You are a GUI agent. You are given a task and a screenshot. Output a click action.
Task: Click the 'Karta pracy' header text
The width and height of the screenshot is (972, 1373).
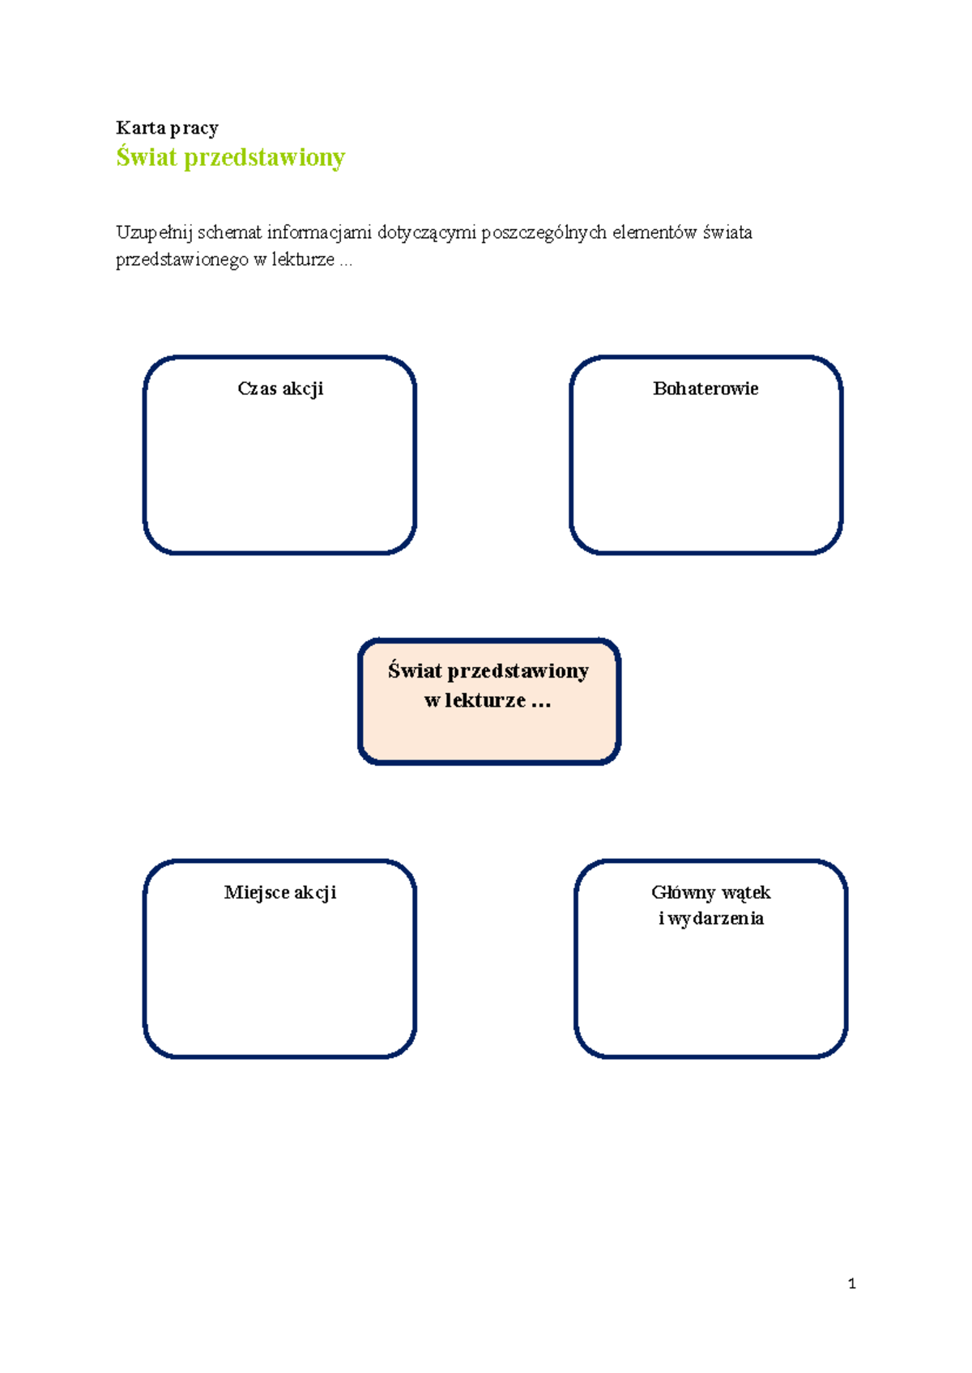coord(167,128)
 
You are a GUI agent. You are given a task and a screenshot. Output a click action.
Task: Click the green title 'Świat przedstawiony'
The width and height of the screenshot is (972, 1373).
coord(231,157)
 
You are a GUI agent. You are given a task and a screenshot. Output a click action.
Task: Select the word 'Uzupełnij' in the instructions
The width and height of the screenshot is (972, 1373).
coord(155,233)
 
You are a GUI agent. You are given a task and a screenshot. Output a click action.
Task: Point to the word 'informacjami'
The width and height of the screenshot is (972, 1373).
coord(319,233)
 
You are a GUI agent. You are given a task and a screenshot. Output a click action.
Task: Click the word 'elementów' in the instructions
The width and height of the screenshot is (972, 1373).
coord(654,232)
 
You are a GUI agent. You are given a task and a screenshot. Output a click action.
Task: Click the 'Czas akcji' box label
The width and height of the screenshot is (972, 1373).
coord(280,389)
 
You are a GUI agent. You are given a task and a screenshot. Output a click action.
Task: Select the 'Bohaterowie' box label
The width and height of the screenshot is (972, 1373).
coord(706,388)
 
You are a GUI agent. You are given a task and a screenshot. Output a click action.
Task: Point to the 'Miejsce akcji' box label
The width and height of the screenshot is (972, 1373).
coord(280,892)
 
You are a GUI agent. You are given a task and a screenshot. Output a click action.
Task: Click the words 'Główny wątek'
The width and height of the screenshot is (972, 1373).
coord(710,892)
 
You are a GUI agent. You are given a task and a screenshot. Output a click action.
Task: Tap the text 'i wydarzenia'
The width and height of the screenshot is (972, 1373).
coord(710,918)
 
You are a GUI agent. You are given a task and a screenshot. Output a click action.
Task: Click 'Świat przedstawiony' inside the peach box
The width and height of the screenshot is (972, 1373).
coord(488,671)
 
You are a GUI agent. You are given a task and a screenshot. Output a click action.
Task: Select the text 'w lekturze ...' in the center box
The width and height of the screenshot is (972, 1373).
coord(488,700)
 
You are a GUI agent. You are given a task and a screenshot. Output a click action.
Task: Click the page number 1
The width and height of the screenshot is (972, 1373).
coord(852,1283)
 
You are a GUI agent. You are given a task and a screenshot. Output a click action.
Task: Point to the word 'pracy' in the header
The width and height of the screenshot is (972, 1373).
coord(194,129)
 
